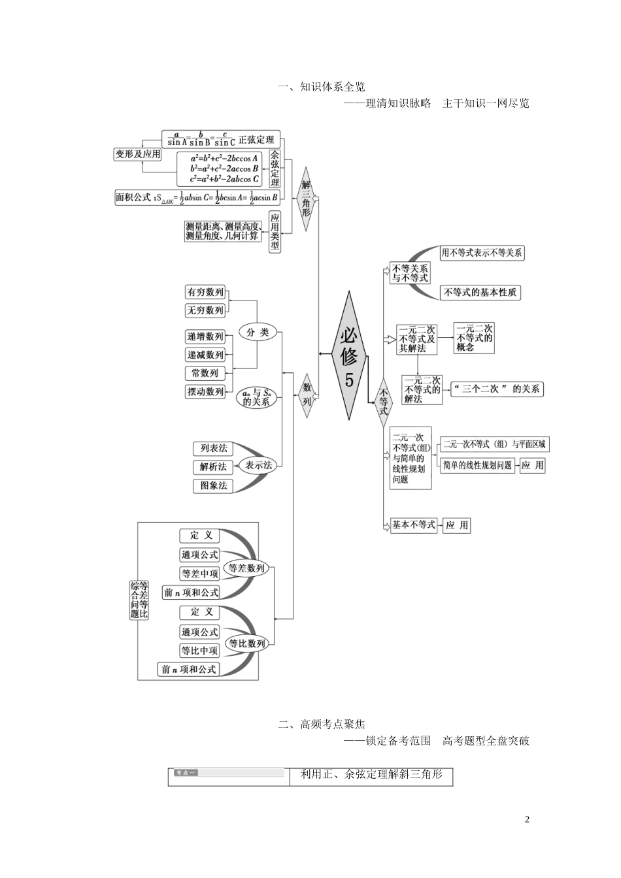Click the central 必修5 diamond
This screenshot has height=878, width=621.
click(x=350, y=356)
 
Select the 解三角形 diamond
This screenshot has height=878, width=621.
click(x=306, y=199)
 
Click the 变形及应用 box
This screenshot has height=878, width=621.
click(x=137, y=154)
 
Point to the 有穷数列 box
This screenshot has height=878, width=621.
click(x=205, y=292)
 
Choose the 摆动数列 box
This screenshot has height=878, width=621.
click(x=205, y=391)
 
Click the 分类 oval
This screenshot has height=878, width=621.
click(x=258, y=332)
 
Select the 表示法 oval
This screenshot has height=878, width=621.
click(x=259, y=465)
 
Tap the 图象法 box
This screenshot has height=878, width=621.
click(x=214, y=485)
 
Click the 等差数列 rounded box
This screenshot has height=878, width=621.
click(x=246, y=568)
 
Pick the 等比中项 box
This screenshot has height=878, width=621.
click(x=200, y=651)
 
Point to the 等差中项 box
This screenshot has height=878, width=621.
click(x=200, y=574)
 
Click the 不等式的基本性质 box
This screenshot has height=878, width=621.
click(x=480, y=293)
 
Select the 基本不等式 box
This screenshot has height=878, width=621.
click(x=413, y=525)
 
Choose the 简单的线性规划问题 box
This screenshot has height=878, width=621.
click(x=478, y=465)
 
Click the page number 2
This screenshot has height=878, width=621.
click(x=527, y=820)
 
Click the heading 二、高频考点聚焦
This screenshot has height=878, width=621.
click(x=322, y=724)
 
